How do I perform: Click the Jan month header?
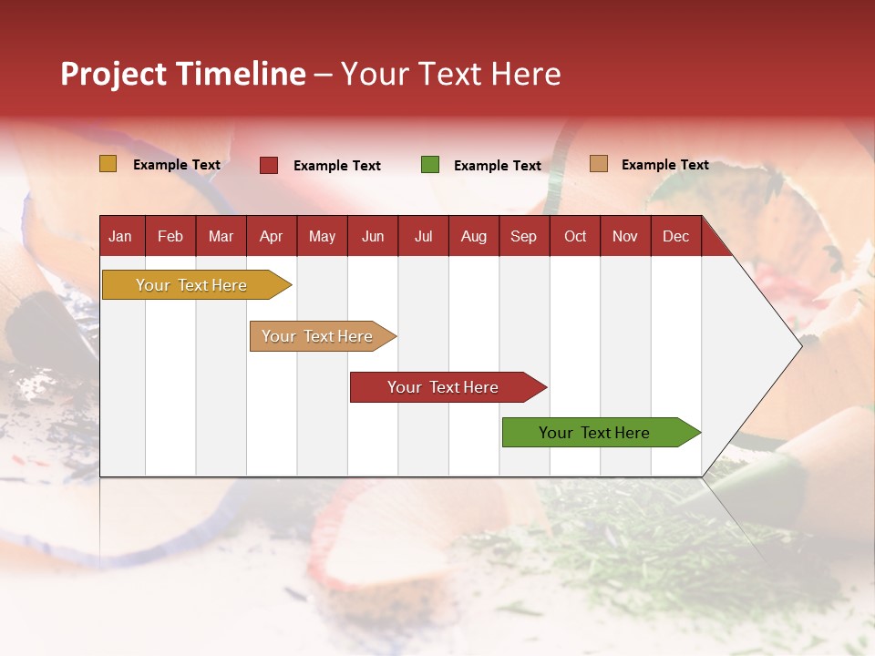120,236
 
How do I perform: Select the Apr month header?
271,236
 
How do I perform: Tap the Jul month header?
423,236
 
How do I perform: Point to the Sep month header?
523,236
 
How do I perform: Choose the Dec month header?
675,236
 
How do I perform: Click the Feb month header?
170,236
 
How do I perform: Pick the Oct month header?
575,236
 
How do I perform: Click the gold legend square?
108,164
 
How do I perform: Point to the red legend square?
269,165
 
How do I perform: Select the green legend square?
430,165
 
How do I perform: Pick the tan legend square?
598,164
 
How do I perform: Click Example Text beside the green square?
498,166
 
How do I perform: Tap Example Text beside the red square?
337,166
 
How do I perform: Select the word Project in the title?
114,74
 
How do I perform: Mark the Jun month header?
373,236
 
